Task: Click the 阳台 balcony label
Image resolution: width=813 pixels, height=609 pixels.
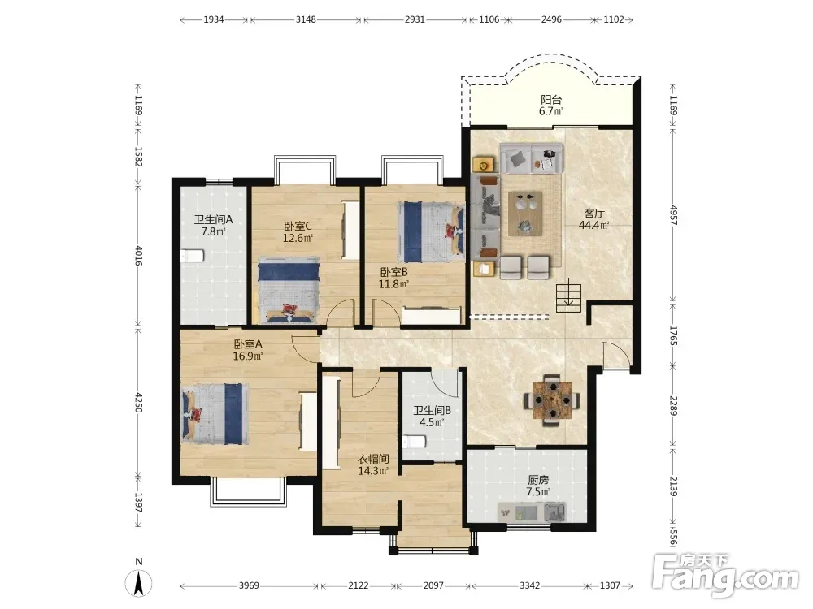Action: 551,99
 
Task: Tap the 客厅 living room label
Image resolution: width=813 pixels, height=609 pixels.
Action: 594,213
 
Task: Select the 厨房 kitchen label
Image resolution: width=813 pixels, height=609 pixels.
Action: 538,480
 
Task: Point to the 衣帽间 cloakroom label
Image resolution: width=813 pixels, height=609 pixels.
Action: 373,459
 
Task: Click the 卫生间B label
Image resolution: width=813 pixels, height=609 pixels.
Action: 432,410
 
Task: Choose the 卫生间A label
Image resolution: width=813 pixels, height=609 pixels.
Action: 214,219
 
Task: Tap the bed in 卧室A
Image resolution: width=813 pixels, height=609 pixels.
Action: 215,413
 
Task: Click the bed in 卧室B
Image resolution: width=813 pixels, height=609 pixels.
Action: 431,232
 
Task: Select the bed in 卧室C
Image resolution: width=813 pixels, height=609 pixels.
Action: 289,292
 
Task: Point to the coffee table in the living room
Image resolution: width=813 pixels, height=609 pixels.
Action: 525,214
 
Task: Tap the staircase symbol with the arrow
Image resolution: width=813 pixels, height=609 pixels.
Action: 569,296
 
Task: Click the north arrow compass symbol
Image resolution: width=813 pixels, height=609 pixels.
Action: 138,582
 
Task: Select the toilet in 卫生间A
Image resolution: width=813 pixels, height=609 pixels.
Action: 193,255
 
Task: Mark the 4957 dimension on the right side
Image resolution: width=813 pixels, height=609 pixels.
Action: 673,215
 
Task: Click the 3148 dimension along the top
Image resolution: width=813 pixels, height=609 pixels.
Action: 306,19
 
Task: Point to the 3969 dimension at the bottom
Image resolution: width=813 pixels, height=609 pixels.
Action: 249,585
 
